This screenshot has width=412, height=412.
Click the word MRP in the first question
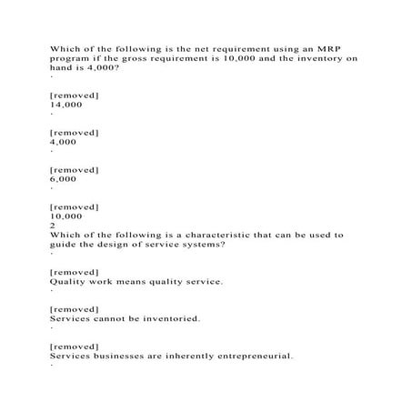(x=305, y=47)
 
